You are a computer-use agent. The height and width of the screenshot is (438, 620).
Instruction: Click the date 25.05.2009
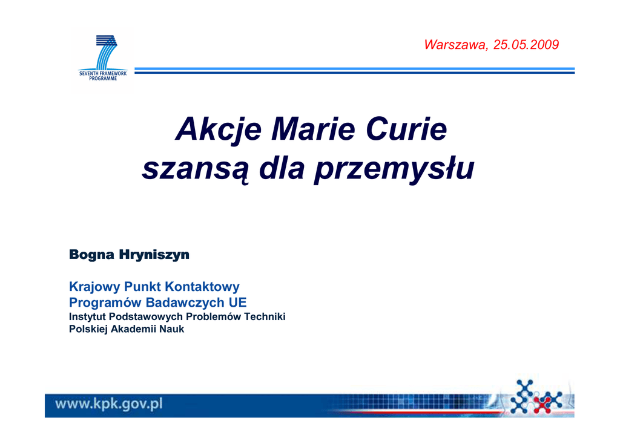(526, 45)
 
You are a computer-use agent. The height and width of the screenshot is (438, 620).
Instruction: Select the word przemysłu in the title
(394, 169)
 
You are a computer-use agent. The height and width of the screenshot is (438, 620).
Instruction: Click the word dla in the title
(282, 168)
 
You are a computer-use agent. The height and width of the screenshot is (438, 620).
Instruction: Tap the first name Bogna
(92, 255)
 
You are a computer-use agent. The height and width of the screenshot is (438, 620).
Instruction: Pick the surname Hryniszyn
(154, 255)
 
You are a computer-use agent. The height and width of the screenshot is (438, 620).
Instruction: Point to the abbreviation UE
(237, 302)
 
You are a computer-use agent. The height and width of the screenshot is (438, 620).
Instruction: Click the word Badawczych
(185, 302)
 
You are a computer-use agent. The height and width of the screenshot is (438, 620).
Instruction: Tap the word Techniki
(265, 317)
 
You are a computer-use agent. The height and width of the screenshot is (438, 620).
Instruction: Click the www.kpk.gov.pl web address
(109, 404)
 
